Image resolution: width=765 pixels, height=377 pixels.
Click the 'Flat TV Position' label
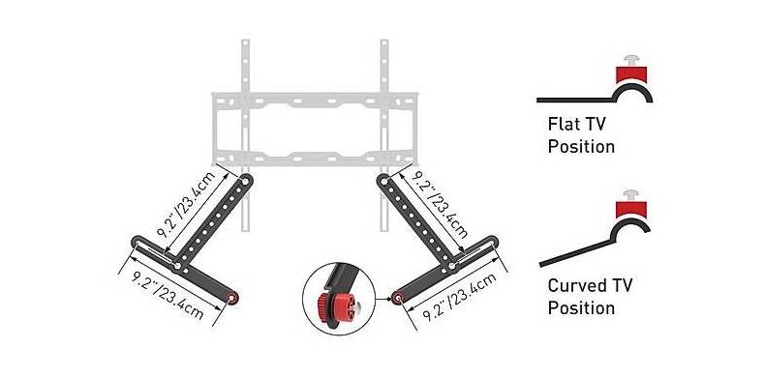point(581,135)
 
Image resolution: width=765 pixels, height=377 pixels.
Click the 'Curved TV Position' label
point(590,296)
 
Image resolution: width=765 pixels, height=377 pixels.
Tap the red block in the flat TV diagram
point(631,74)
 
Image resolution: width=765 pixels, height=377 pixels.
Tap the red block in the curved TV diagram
point(630,209)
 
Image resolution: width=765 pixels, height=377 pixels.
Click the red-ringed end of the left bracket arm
point(232,298)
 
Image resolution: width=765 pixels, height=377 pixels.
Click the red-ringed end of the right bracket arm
point(397,297)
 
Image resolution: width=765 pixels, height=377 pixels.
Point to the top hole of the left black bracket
point(245,182)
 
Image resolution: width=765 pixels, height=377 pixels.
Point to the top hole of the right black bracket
point(384,181)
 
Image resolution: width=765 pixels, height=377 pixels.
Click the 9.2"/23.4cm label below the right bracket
point(460,297)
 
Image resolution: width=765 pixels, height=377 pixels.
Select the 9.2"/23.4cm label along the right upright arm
point(439,204)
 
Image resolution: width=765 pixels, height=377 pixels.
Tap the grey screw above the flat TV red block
point(631,61)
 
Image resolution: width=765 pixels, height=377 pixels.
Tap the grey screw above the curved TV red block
point(630,195)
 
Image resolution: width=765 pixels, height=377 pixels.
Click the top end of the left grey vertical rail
point(245,41)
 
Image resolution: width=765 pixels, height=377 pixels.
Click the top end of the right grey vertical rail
point(384,41)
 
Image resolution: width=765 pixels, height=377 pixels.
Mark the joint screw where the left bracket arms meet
point(177,266)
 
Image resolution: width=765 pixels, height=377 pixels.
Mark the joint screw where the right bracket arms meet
point(452,266)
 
